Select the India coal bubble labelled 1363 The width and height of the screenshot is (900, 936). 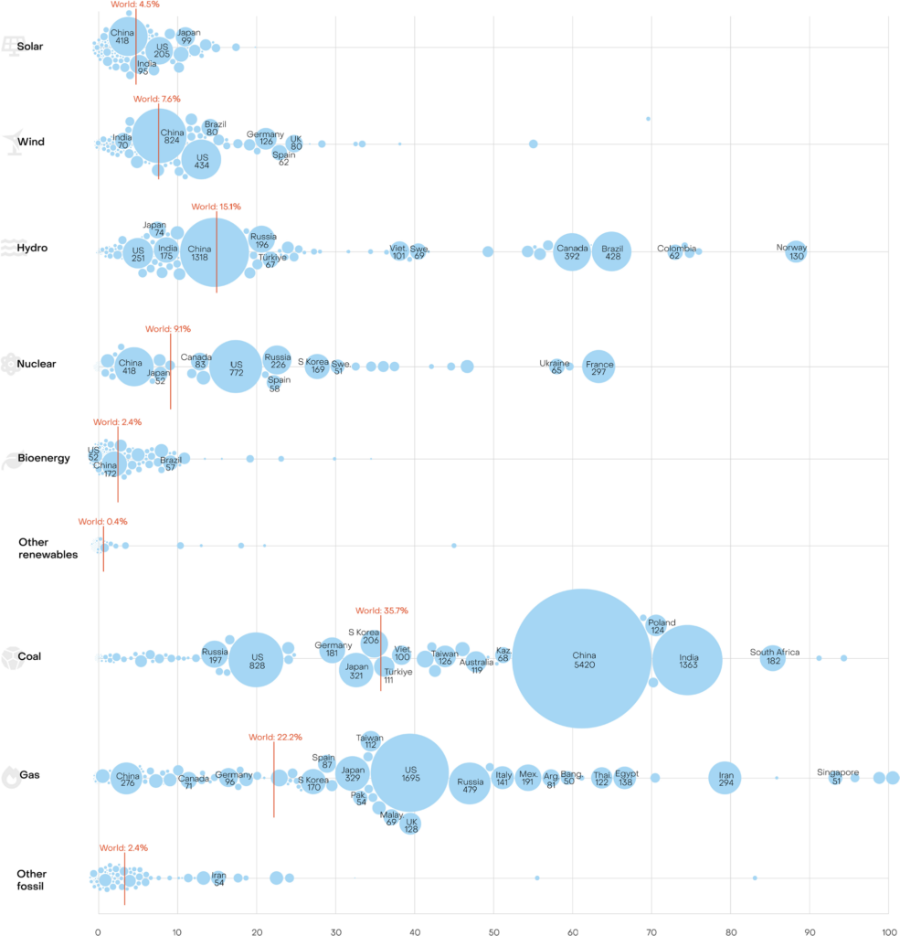[x=687, y=659]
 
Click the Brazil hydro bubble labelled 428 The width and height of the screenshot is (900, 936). [x=611, y=251]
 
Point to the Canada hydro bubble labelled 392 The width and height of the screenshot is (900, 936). [x=572, y=251]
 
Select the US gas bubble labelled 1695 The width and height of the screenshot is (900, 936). [x=409, y=773]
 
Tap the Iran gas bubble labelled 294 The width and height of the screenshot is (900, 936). [x=725, y=778]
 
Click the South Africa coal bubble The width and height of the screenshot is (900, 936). [x=773, y=656]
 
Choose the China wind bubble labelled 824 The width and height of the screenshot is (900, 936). [x=160, y=138]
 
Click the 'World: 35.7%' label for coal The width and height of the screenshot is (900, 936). [x=381, y=610]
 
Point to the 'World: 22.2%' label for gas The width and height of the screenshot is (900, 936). [x=275, y=738]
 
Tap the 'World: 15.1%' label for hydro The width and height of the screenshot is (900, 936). [x=216, y=207]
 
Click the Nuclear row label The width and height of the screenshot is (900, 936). [x=37, y=364]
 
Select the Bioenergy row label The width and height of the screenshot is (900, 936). [x=44, y=458]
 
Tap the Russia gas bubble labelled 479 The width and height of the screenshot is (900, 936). [x=470, y=782]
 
